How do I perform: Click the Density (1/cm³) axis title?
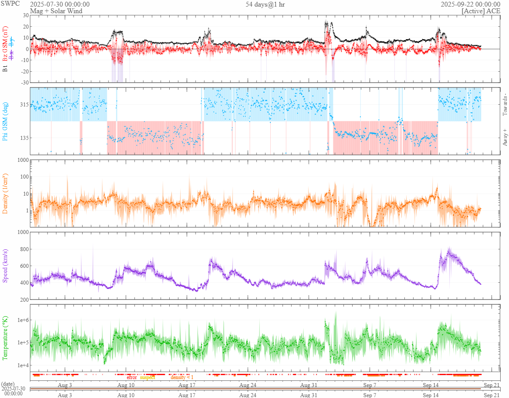5,193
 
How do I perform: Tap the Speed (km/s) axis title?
5,265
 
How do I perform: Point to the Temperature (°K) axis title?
5,338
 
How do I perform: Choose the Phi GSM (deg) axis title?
5,121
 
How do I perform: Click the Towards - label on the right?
505,105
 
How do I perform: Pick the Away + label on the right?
505,137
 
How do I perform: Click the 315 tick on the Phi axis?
24,105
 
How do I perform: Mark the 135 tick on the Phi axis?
24,138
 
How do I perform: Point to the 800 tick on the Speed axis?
24,249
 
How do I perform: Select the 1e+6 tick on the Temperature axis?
22,320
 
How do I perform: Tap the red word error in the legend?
132,377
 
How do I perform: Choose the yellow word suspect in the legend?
148,377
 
